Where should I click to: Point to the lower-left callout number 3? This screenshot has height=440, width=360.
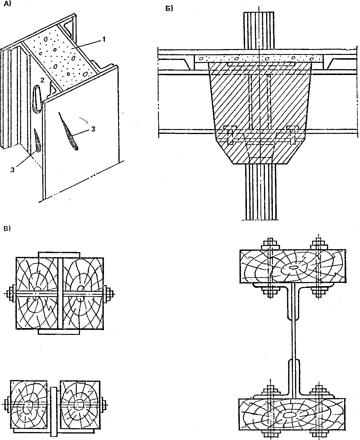(x=13, y=170)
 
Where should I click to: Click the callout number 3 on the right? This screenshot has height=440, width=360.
(x=93, y=129)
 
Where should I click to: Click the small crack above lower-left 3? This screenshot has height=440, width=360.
(x=37, y=140)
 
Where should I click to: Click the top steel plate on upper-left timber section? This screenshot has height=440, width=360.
(x=59, y=255)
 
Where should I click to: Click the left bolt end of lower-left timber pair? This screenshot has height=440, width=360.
(x=7, y=404)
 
